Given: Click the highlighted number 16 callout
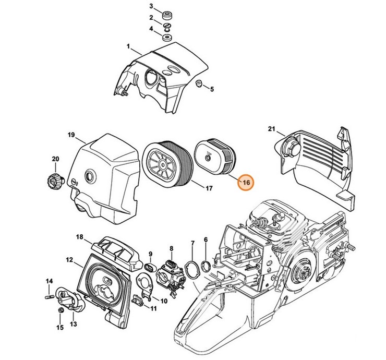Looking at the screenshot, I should (x=245, y=183).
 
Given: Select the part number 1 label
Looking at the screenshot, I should (x=128, y=47).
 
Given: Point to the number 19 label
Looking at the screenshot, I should (x=71, y=135).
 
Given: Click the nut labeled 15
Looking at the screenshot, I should (x=61, y=311).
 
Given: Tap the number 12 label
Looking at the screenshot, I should (x=69, y=259).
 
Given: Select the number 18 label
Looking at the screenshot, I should (x=80, y=237).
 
